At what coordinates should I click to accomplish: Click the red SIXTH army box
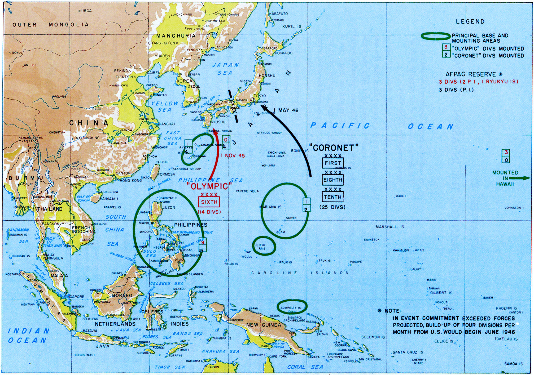coord(209,202)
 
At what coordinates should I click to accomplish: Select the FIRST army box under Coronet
coord(333,163)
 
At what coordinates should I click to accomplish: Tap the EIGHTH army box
coord(333,180)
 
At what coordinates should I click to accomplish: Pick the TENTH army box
coord(333,197)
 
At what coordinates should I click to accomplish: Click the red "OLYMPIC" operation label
coord(209,186)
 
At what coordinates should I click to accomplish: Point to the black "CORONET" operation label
coord(334,148)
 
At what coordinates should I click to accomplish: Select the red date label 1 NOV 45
coord(233,156)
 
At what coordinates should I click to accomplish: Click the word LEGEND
coord(470,22)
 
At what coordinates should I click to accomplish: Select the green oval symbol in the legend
coord(436,36)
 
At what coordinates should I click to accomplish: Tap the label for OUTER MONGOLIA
coord(51,25)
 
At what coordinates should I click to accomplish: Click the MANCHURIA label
coord(176,36)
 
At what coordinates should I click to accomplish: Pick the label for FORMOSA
coord(166,174)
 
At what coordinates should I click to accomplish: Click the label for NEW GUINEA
coord(264,325)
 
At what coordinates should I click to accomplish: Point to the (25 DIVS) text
coord(332,207)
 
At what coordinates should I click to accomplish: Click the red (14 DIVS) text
coord(209,212)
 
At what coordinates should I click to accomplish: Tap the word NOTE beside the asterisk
coord(393,311)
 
